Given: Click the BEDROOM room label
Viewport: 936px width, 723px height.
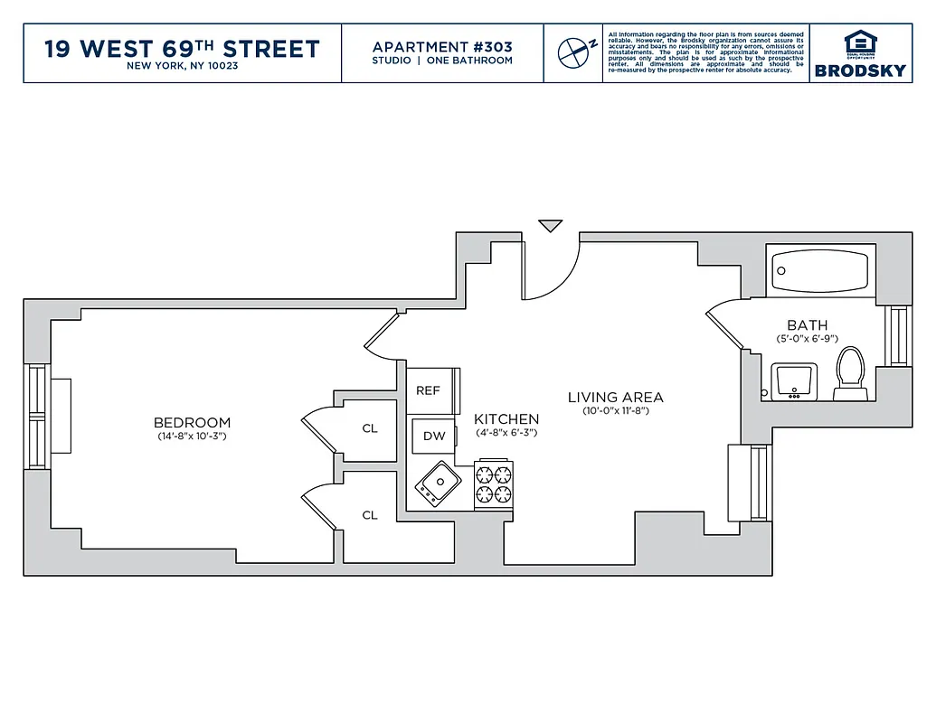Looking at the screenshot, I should click(x=192, y=422).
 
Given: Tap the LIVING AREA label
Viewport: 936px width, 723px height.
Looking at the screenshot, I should click(x=615, y=397).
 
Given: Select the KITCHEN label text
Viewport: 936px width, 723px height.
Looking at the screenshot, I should click(x=506, y=419).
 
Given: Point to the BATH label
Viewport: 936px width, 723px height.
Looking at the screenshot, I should click(x=807, y=325).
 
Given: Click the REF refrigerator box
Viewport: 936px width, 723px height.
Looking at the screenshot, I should click(x=430, y=390).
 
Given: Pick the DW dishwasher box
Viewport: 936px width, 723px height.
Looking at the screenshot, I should click(x=434, y=436).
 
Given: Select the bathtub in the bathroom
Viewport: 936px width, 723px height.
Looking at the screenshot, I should click(x=820, y=268).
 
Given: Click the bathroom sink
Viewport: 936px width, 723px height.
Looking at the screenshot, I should click(x=795, y=380).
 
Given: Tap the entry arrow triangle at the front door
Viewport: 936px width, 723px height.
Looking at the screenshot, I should click(x=550, y=225).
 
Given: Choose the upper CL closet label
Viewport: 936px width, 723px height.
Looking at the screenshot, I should click(x=370, y=428).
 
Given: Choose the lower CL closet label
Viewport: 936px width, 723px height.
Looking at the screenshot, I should click(x=370, y=515).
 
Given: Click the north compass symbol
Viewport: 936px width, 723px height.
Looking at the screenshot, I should click(x=573, y=52).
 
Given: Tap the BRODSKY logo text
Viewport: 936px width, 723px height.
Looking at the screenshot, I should click(x=860, y=70).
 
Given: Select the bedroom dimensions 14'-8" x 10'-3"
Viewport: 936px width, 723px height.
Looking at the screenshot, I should click(x=191, y=437).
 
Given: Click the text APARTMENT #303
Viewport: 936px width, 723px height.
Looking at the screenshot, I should click(x=442, y=47).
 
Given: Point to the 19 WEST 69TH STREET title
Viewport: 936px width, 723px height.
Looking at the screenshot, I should click(x=182, y=48).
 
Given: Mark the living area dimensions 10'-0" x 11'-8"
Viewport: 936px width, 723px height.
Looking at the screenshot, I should click(x=615, y=411).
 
